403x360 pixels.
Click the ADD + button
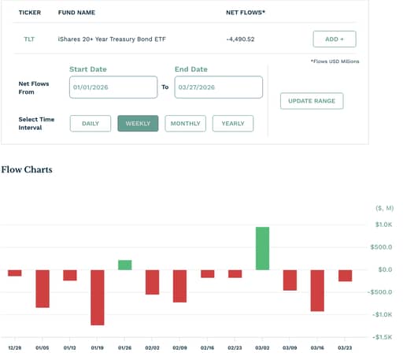coord(335,39)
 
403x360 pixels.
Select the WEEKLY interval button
coord(138,124)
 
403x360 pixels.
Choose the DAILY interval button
coord(91,124)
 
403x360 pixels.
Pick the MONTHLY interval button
coord(186,124)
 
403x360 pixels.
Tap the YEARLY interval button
coord(233,124)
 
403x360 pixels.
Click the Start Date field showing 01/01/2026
coord(113,87)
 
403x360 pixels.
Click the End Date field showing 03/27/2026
coord(219,87)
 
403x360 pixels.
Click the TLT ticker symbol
coord(29,39)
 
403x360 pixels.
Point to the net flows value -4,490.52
coord(240,39)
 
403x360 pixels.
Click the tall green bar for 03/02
coord(262,248)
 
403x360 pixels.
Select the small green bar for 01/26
coord(125,265)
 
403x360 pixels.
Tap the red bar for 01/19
coord(98,298)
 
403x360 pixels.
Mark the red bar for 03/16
coord(317,291)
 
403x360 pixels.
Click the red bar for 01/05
coord(43,288)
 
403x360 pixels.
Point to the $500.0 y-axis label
coord(381,247)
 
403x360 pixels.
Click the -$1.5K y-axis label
coord(383,337)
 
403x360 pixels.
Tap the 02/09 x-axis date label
coord(179,348)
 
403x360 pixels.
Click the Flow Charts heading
coord(27,169)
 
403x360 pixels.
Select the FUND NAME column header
coord(76,13)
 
